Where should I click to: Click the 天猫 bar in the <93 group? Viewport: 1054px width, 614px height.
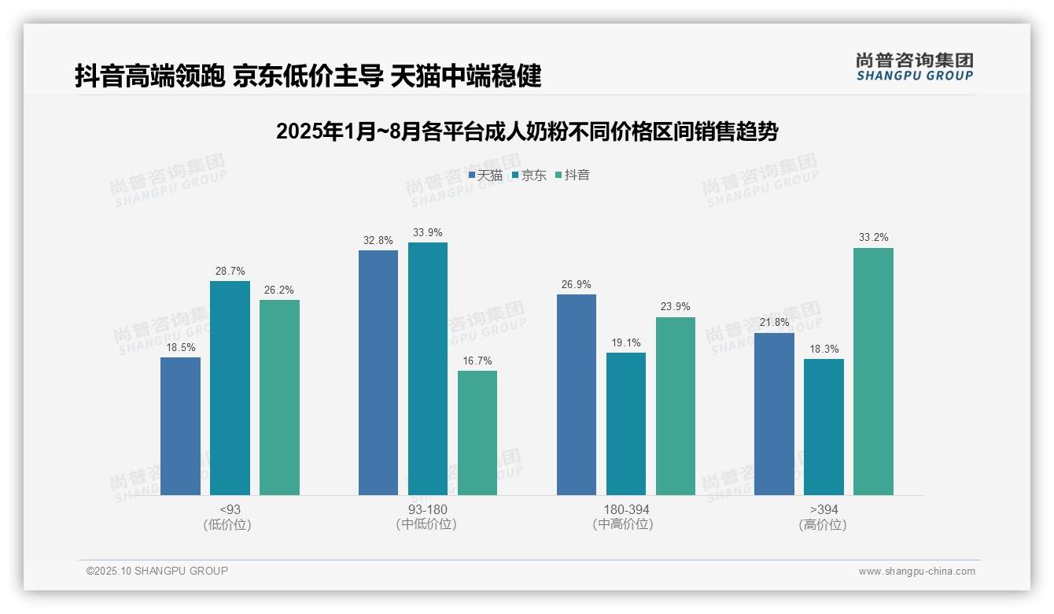180,426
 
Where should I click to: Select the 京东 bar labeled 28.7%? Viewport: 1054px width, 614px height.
230,388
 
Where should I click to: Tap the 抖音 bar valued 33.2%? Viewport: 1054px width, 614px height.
873,372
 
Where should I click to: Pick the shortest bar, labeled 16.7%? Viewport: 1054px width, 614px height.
477,433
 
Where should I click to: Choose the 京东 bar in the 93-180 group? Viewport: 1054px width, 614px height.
428,368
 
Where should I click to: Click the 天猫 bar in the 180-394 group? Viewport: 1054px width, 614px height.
577,394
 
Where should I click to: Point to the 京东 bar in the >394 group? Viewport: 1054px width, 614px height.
824,427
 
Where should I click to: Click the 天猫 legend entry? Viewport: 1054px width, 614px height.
485,176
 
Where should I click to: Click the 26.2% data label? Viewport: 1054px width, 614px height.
279,290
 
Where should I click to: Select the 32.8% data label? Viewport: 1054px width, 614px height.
378,241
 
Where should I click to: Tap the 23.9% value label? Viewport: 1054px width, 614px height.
675,307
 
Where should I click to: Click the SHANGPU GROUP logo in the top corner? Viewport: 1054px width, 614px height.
914,67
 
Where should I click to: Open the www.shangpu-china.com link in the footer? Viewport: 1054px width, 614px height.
916,571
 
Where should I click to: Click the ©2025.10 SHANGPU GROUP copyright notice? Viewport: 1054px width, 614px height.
157,571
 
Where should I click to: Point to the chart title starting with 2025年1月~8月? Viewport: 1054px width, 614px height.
526,131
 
